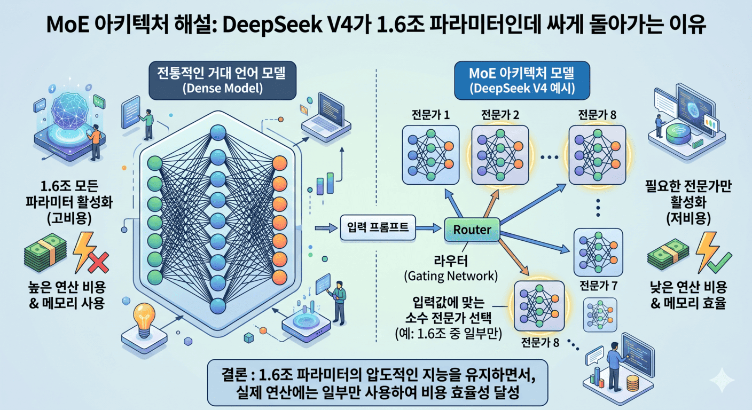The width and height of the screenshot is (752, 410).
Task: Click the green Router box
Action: [472, 230]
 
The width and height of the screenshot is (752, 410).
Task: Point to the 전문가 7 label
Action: [597, 286]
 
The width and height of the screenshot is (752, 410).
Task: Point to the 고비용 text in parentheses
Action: [66, 219]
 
